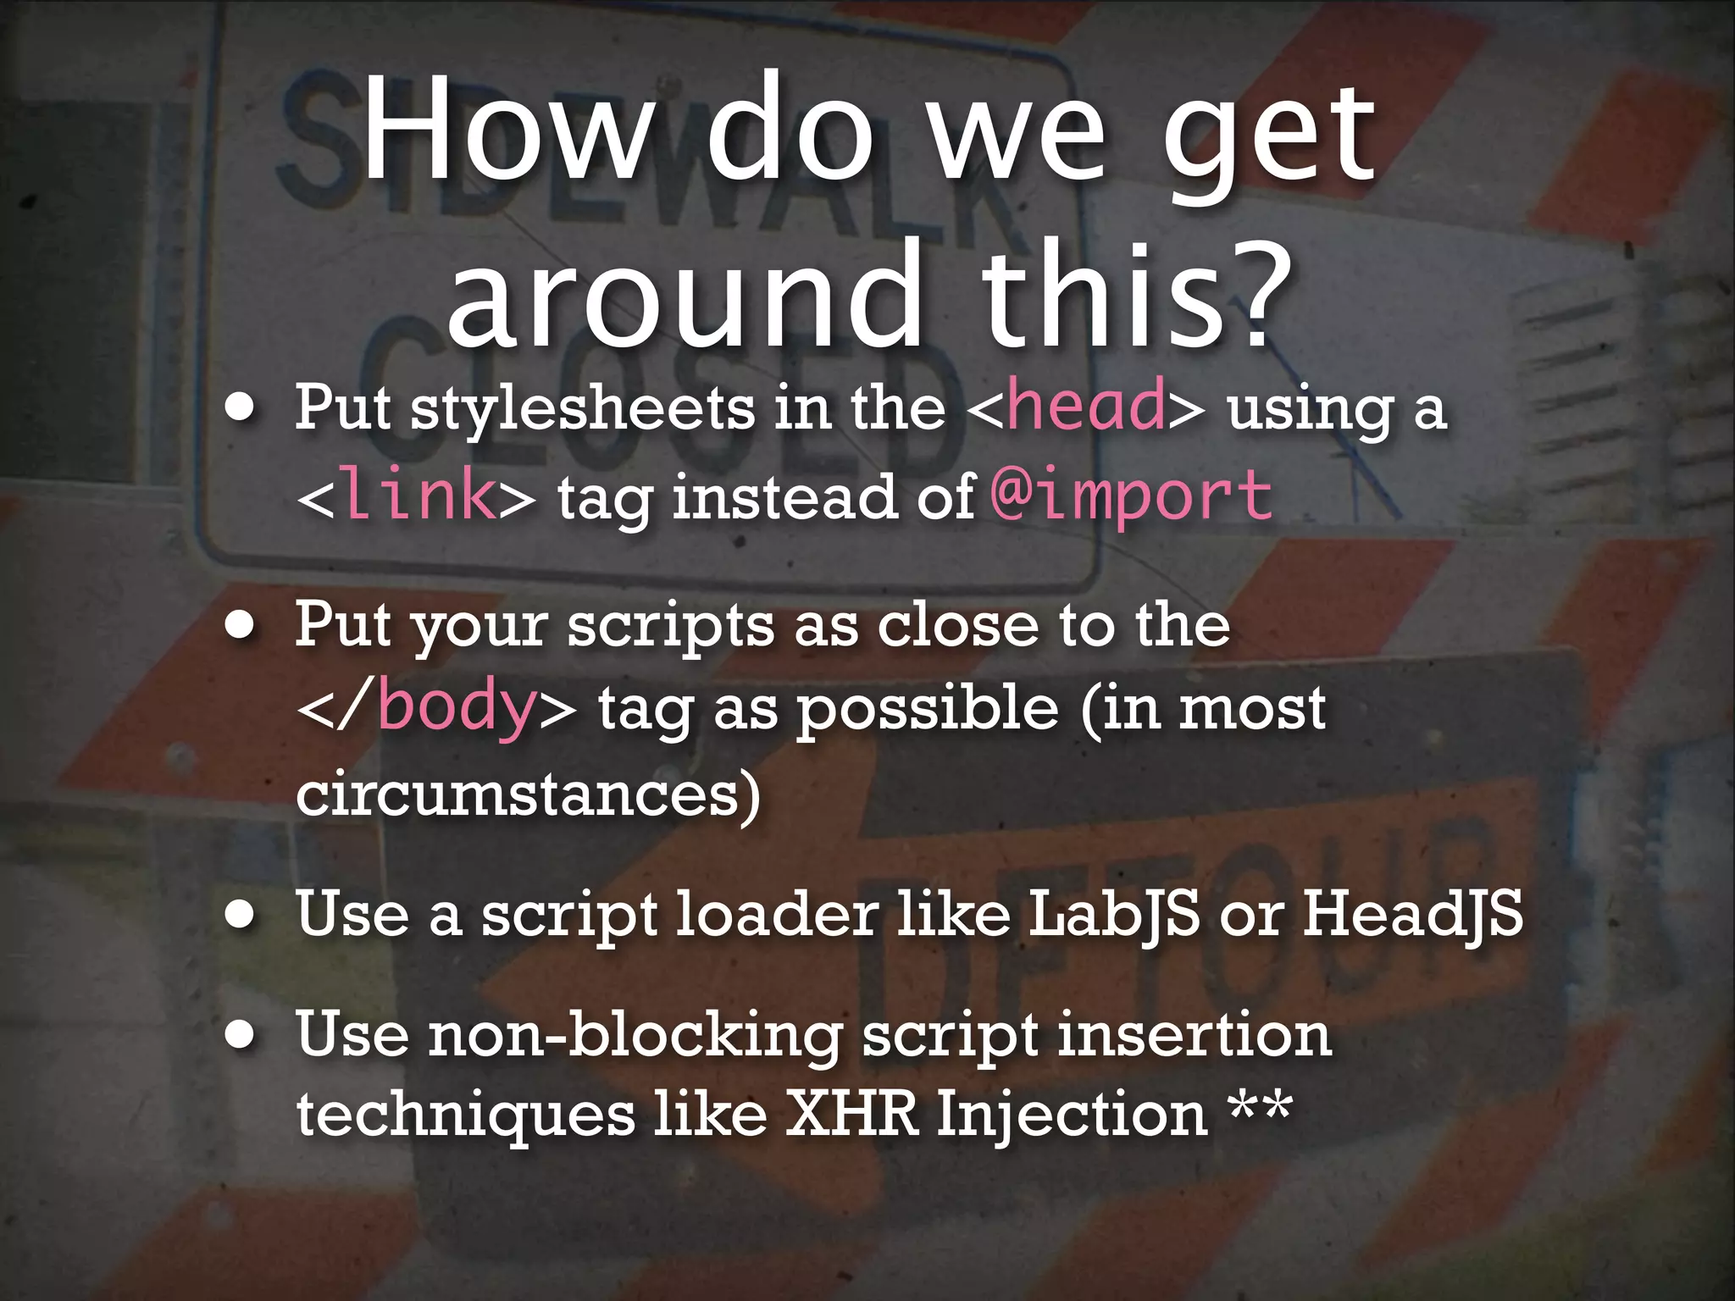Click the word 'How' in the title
508,131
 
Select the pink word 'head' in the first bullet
1086,406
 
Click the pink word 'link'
419,496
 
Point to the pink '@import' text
1132,496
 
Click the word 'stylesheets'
583,409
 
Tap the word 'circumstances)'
528,794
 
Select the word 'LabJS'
1114,915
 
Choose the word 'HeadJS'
1412,915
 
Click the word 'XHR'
852,1114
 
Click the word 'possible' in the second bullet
928,710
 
